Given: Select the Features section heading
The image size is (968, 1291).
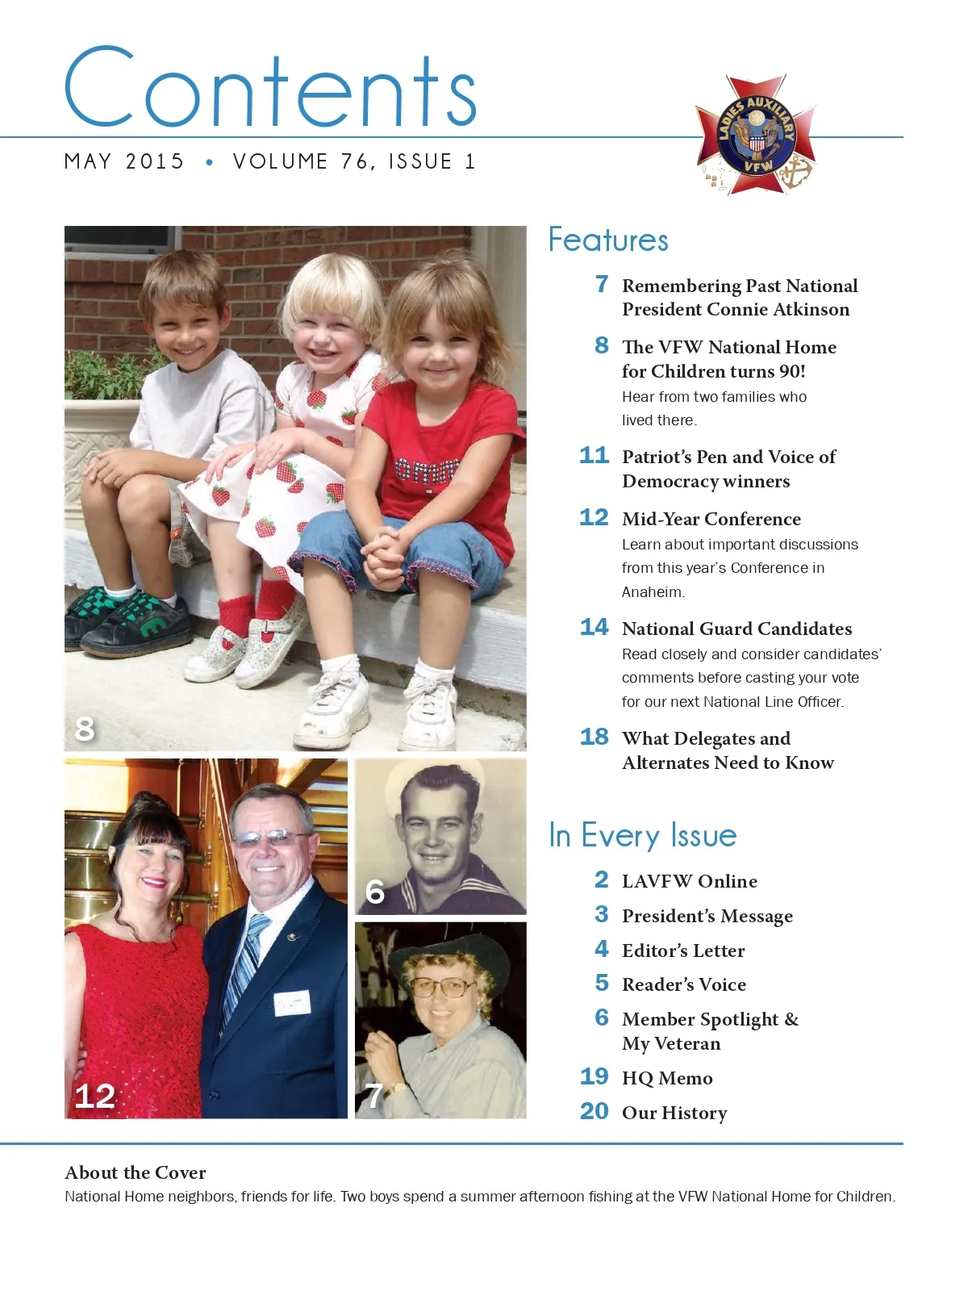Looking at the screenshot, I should (608, 240).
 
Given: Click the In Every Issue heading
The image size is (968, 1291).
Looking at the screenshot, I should (642, 836).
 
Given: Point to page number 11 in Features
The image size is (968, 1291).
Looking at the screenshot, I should (594, 456).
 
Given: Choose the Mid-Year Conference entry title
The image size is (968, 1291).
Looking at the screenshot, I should (711, 519).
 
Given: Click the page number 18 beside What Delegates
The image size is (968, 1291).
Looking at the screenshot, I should (594, 737).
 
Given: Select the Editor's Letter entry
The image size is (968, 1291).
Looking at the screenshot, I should (682, 950).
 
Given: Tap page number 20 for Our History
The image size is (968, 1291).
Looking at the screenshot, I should (594, 1111).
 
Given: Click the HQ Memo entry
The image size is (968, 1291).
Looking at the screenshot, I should (666, 1078).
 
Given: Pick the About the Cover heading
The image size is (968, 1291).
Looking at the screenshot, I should (136, 1172).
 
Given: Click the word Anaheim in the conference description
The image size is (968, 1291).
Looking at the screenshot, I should (653, 592).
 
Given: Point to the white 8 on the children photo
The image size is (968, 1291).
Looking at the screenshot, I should (85, 729).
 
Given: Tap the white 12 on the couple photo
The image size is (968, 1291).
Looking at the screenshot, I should (94, 1096).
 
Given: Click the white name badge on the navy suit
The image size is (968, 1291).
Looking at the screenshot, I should (292, 1003).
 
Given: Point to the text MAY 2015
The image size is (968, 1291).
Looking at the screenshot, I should (124, 161).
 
